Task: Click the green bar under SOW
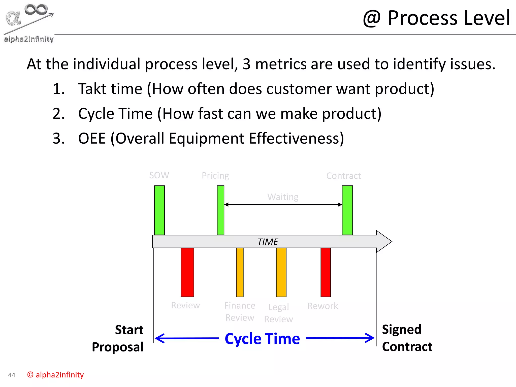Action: pos(159,210)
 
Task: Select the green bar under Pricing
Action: pos(220,210)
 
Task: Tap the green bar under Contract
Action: pos(347,210)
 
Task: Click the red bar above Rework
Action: pos(326,272)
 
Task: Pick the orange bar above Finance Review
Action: pos(240,272)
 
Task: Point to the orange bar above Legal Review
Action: pos(281,272)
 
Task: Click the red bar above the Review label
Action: pos(187,272)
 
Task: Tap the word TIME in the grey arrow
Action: pos(268,242)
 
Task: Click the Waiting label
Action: pos(283,197)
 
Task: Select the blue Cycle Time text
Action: pos(262,338)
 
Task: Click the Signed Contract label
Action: pos(407,338)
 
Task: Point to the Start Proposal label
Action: pos(118,338)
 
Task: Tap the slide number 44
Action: pos(12,375)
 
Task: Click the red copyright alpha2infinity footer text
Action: pos(55,375)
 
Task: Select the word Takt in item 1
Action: pos(93,89)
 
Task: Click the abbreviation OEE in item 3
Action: pos(92,138)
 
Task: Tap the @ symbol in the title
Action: pos(371,18)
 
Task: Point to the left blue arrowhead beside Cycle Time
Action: pos(159,338)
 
